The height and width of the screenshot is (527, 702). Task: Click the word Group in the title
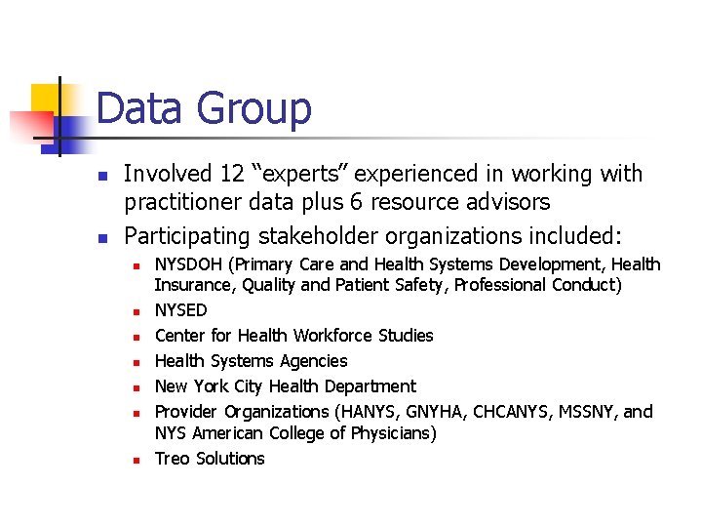pos(258,108)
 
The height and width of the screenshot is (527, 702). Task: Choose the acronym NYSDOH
pos(192,264)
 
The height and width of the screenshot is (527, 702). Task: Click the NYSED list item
pos(181,310)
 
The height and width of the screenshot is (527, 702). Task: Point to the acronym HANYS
pos(367,412)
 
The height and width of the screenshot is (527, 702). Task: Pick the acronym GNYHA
pos(436,412)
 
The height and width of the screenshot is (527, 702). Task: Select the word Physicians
pos(386,433)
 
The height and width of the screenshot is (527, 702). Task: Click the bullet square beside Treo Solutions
pos(138,460)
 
